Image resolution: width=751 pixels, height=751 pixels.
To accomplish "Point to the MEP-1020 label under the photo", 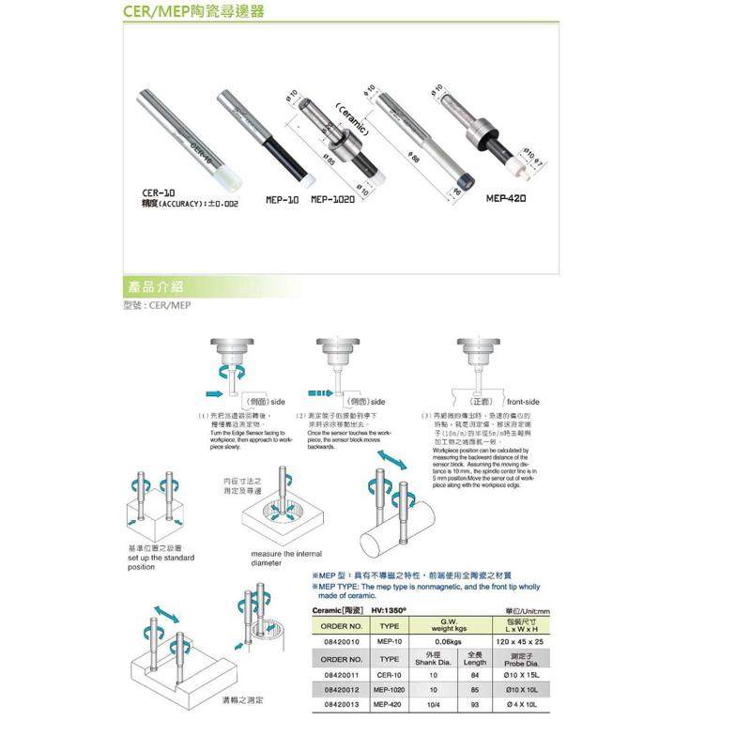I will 332,199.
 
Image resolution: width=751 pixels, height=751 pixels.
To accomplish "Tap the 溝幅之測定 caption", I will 243,700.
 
